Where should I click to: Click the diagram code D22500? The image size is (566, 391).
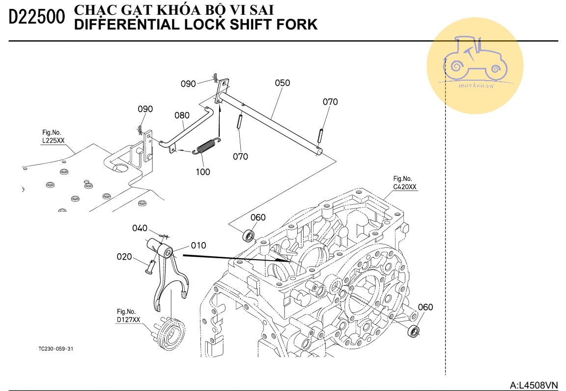36,17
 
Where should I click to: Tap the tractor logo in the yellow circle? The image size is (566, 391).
475,58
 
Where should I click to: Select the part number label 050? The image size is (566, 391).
283,83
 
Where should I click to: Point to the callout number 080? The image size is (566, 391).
182,115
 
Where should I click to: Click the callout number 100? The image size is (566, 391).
203,172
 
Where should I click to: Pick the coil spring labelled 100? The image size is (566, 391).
206,146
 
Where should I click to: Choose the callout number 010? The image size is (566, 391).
198,245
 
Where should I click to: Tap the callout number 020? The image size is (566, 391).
124,257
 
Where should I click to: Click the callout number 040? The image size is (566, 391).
140,228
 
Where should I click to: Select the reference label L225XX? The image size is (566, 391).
54,141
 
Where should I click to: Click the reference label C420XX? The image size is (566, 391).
405,187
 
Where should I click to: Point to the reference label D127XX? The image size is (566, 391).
129,320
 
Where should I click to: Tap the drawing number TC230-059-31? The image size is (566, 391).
56,349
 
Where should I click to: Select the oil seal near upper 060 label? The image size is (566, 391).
248,235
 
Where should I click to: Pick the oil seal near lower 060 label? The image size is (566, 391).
414,331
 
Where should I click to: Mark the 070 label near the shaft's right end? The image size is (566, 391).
330,102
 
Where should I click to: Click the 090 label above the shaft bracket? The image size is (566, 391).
189,84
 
